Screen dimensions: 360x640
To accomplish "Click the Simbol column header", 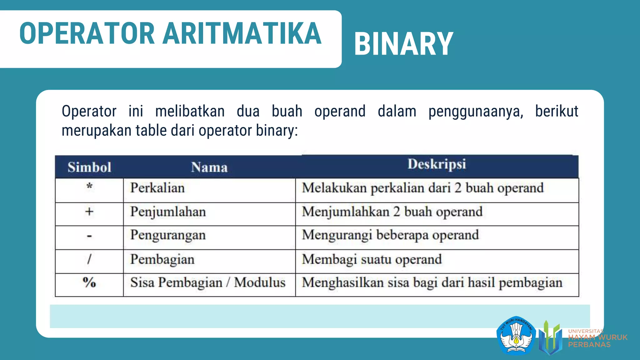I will click(x=89, y=167).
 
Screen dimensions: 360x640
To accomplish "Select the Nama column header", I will click(x=209, y=167).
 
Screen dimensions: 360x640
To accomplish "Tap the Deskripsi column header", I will click(x=437, y=164).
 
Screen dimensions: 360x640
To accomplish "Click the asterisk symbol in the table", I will click(x=89, y=187).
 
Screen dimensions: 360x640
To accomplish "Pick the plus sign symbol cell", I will click(x=89, y=212).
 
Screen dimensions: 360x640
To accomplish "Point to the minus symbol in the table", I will click(x=89, y=236).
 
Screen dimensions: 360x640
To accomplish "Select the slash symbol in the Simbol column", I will click(x=89, y=259).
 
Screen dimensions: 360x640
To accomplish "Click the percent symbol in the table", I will click(x=89, y=282).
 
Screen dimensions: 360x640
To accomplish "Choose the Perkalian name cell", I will click(x=157, y=188).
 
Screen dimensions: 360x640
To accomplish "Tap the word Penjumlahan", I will click(x=168, y=212).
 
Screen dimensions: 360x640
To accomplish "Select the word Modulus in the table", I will click(x=260, y=282).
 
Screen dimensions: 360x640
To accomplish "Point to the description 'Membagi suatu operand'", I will click(x=372, y=259).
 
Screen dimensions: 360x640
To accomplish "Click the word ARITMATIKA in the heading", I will click(x=242, y=33).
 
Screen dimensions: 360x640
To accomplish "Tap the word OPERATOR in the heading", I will click(x=87, y=33).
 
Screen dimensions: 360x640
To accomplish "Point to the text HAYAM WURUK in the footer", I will click(x=597, y=337).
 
